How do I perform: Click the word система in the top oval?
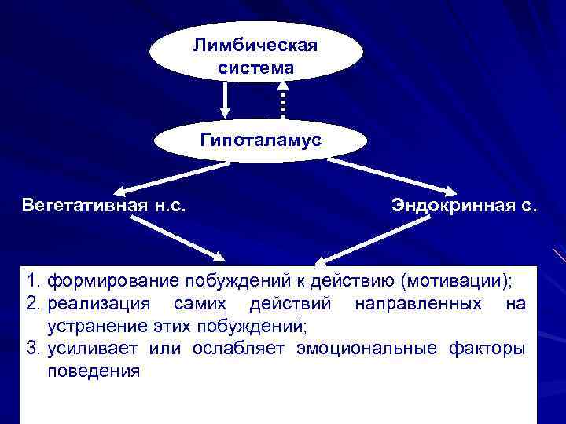click(x=255, y=68)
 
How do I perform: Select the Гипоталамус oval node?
click(x=260, y=141)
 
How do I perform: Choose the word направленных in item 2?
click(x=413, y=303)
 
